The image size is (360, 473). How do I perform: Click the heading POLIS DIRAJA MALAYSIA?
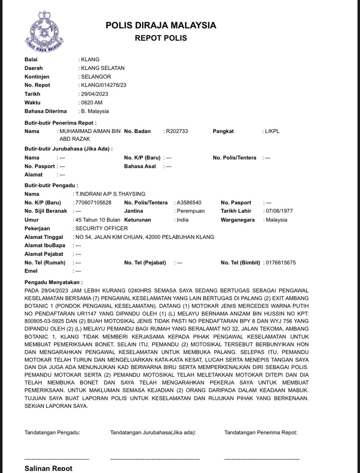[x=161, y=25]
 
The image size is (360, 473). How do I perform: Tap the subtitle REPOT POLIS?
[x=161, y=38]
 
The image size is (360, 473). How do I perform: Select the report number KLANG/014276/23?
[x=103, y=85]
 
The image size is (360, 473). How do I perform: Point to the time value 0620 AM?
[x=92, y=102]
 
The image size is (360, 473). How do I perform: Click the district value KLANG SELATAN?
[x=103, y=68]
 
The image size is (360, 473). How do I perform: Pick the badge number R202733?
[x=177, y=131]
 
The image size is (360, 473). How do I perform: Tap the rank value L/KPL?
[x=272, y=131]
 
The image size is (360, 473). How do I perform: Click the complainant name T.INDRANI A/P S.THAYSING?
[x=110, y=194]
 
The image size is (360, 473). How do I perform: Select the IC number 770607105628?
[x=93, y=203]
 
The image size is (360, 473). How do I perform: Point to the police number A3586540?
[x=189, y=203]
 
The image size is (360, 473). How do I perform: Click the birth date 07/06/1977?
[x=279, y=211]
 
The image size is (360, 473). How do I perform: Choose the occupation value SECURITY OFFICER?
[x=101, y=228]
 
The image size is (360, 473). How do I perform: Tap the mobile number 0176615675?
[x=281, y=263]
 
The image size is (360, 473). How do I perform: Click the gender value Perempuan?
[x=190, y=211]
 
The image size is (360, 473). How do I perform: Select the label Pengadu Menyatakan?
[x=54, y=282]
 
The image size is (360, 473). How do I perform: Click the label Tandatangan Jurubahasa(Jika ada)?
[x=153, y=432]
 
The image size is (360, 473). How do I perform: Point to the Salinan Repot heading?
[x=48, y=468]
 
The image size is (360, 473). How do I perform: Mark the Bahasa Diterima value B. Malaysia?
[x=95, y=111]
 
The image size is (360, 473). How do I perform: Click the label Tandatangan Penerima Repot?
[x=261, y=432]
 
